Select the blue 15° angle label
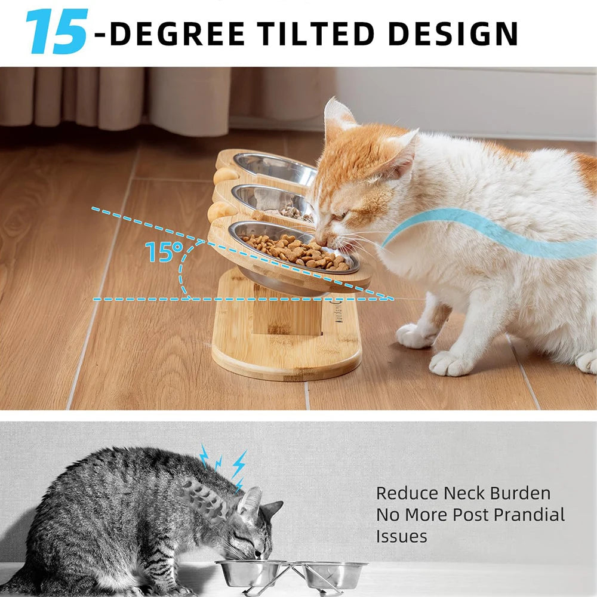[x=163, y=252]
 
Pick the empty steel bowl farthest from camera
[x=275, y=168]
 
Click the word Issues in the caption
[x=401, y=536]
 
